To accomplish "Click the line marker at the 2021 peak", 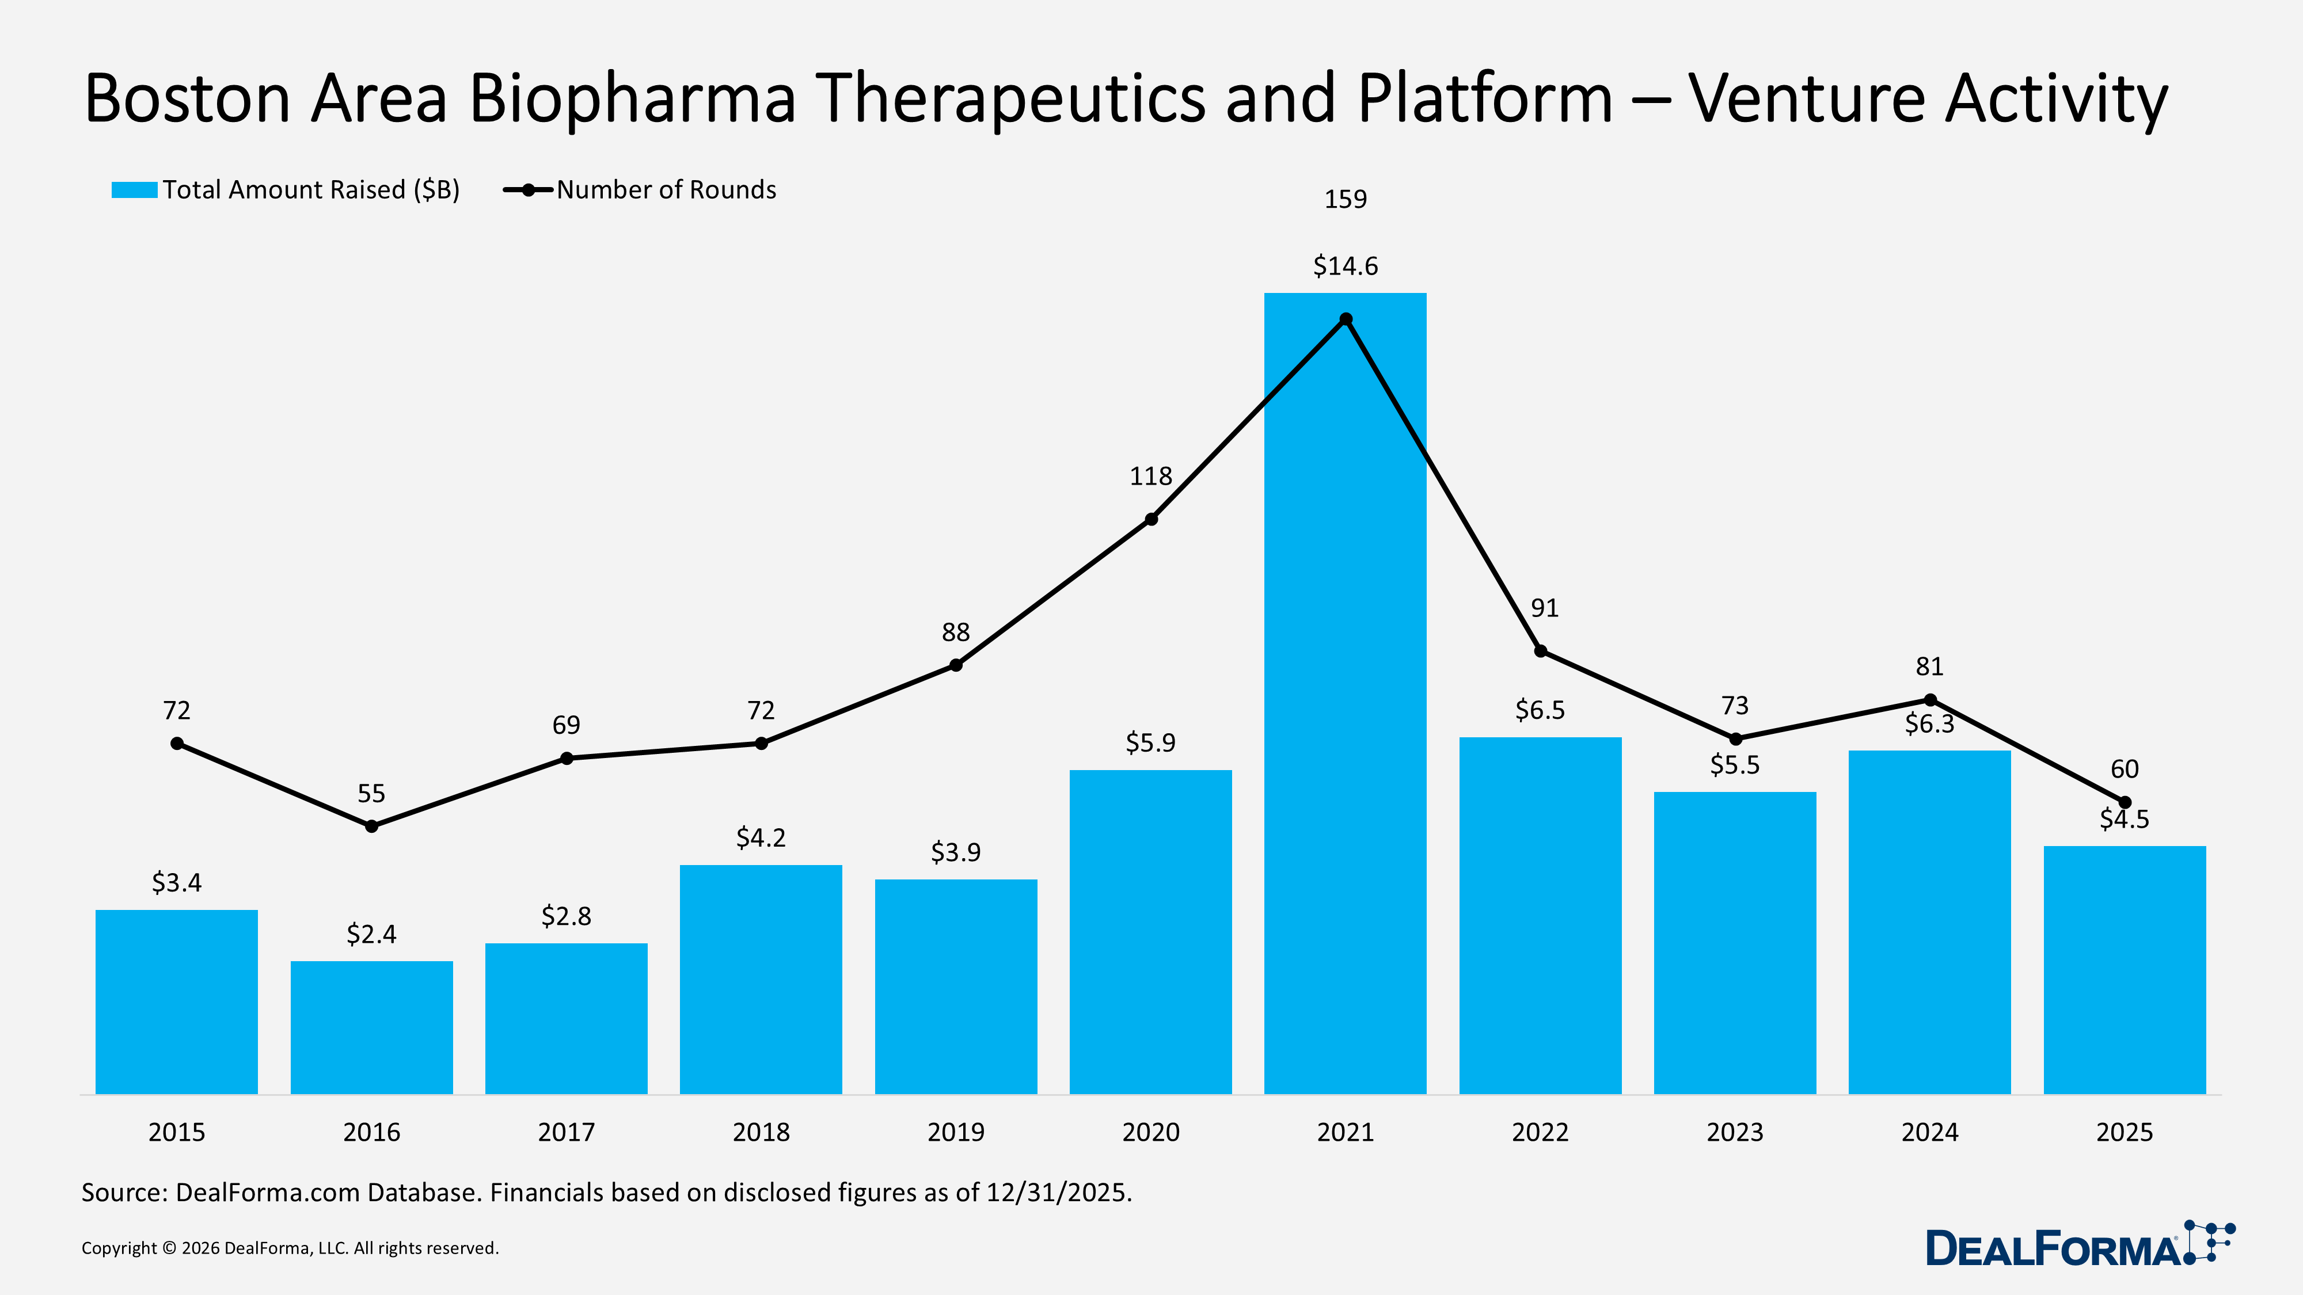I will coord(1346,319).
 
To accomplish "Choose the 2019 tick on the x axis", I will coord(956,1132).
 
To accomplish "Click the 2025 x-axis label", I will coord(2124,1132).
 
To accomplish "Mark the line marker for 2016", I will coord(372,826).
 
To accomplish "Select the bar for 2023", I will coord(1734,943).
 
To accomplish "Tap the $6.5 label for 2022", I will coord(1540,710).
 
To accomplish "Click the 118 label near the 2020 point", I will coord(1150,477).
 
